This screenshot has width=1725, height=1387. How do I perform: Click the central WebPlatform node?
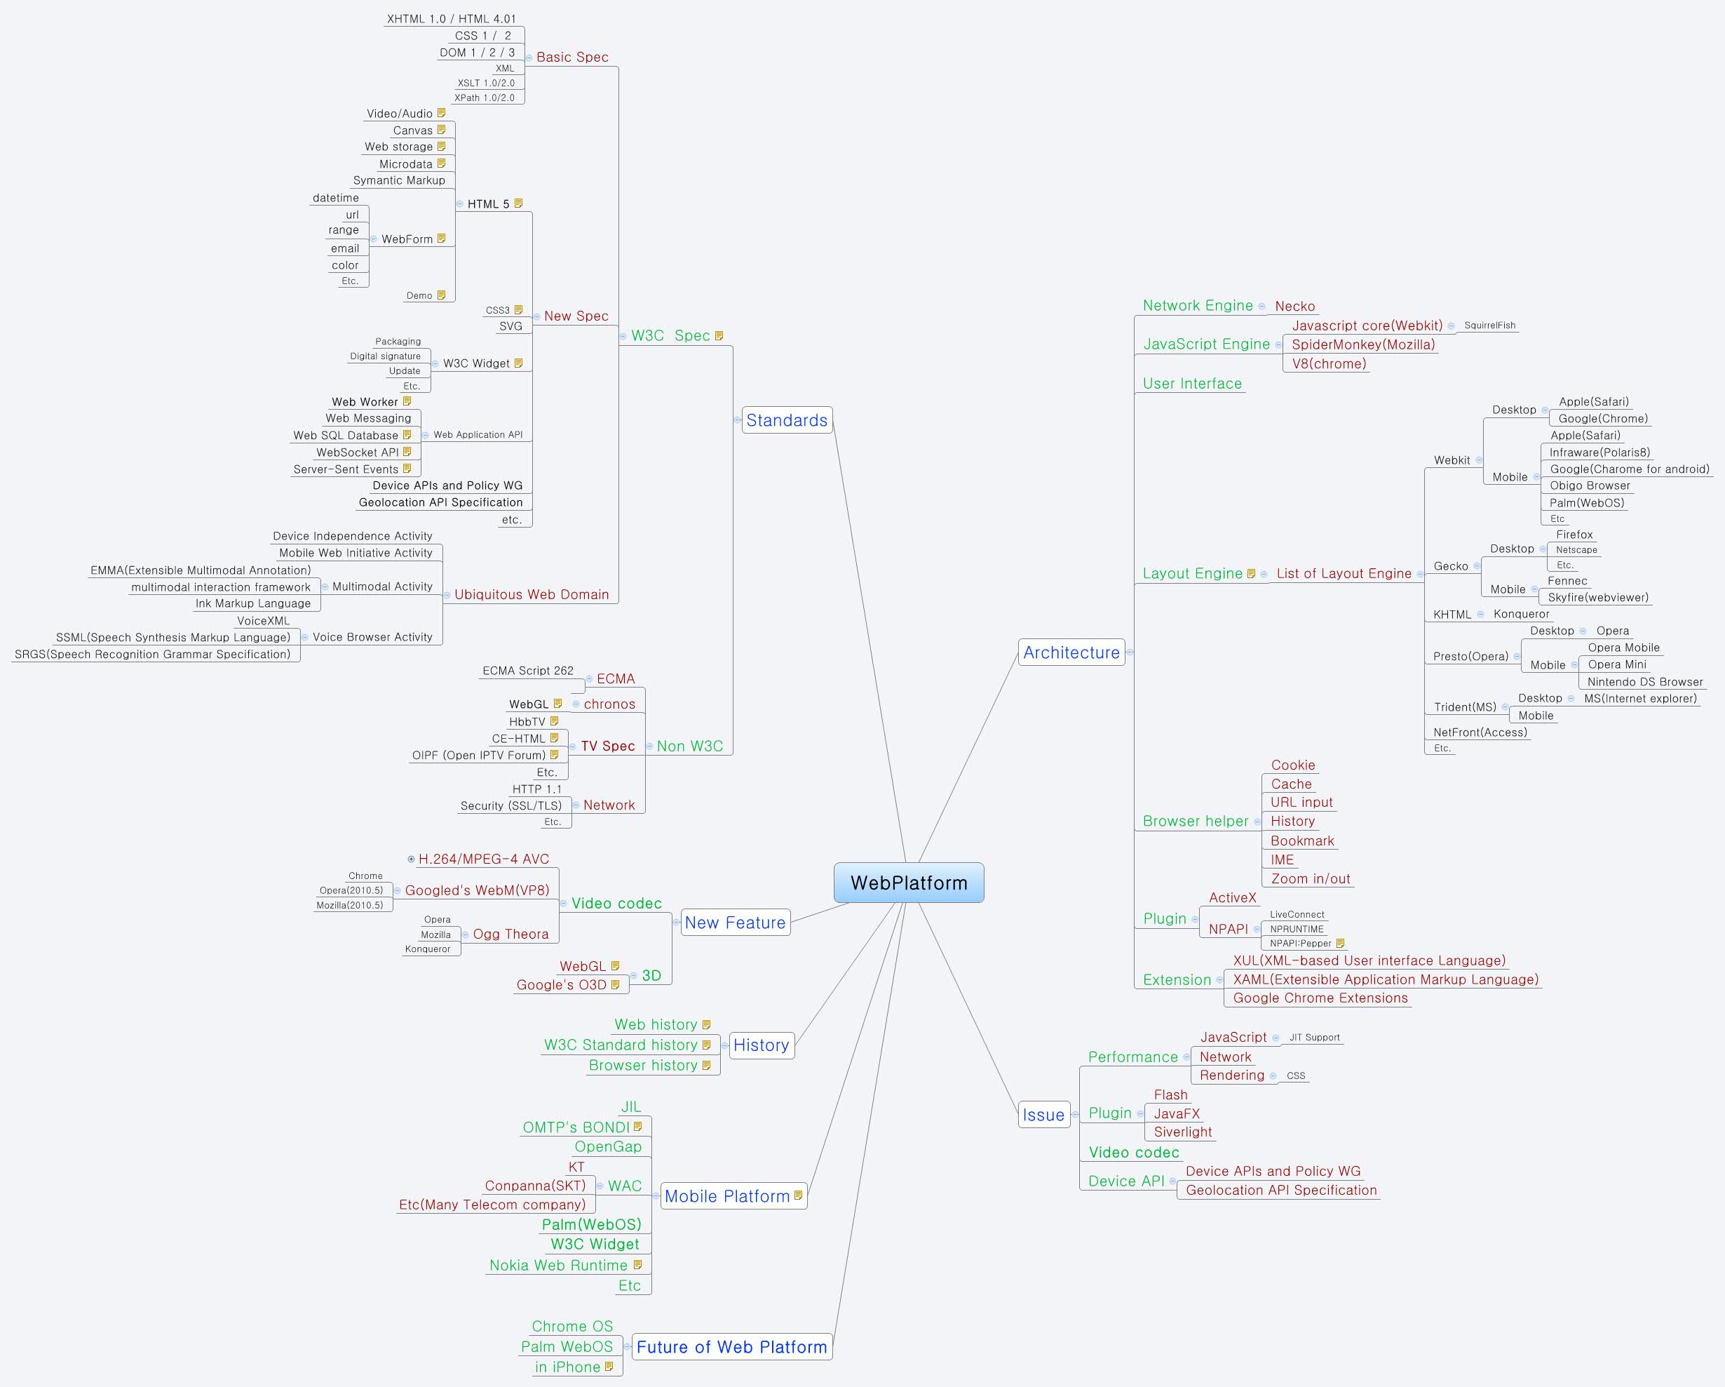coord(909,883)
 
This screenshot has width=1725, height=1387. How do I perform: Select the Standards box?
coord(787,420)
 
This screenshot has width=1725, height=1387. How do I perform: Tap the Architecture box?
coord(1071,652)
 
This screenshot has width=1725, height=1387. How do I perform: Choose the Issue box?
coord(1043,1115)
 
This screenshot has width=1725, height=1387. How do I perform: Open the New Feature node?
coord(734,923)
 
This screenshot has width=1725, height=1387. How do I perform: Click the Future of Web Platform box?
coord(731,1347)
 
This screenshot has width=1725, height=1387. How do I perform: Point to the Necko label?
coord(1294,307)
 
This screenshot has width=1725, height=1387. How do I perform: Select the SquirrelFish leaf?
coord(1490,326)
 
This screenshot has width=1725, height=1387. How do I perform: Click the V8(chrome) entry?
coord(1329,364)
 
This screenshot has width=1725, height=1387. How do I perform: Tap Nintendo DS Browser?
coord(1645,682)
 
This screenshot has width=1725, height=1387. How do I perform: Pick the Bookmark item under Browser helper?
coord(1301,841)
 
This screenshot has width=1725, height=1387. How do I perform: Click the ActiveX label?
coord(1232,898)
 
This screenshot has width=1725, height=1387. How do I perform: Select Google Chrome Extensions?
coord(1320,998)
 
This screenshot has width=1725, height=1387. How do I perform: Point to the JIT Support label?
coord(1314,1037)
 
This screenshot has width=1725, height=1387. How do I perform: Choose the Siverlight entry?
coord(1182,1132)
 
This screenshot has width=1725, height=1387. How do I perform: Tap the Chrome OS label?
coord(572,1326)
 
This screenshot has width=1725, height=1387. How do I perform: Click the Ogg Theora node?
coord(510,934)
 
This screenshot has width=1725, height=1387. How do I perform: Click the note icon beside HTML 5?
coord(518,203)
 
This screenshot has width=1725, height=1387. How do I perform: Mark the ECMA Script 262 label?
coord(527,671)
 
